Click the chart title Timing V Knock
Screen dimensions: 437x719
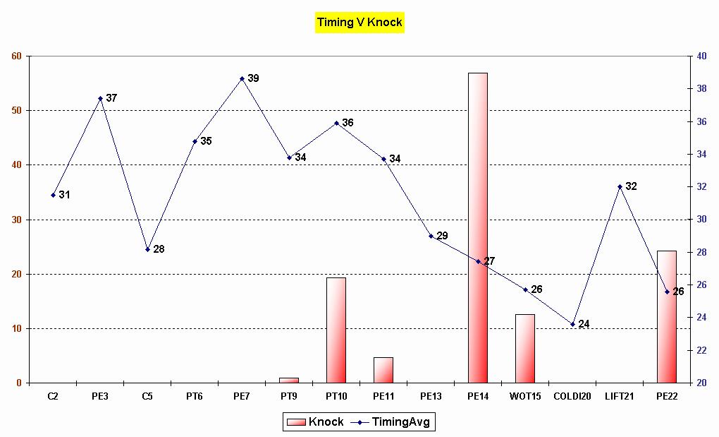pos(359,22)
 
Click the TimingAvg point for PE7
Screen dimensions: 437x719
pos(242,78)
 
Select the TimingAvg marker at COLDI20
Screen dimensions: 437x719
pos(572,324)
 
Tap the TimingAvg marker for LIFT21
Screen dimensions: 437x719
pos(620,186)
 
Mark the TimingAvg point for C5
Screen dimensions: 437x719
pos(147,249)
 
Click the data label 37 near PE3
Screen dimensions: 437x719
pos(111,97)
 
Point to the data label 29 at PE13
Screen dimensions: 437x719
pos(442,235)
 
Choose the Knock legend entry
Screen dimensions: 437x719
pos(314,422)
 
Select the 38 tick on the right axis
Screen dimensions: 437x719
pos(701,89)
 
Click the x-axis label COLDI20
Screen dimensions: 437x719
pos(572,396)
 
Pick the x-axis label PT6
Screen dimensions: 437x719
pos(195,396)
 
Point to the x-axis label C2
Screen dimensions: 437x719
pos(53,396)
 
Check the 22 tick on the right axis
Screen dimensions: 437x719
pos(701,350)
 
